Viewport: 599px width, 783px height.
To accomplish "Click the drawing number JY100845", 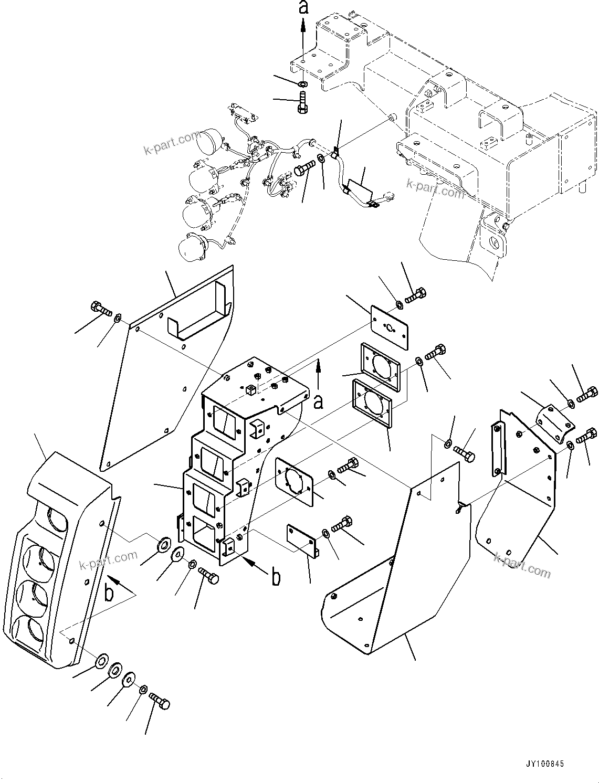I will pos(543,764).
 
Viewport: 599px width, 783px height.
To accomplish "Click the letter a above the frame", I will pos(302,8).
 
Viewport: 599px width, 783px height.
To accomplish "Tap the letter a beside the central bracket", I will pos(319,401).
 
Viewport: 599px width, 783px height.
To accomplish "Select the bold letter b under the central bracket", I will pos(276,577).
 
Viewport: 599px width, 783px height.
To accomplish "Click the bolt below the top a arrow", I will pos(302,101).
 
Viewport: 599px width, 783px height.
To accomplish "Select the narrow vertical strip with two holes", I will pos(496,449).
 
